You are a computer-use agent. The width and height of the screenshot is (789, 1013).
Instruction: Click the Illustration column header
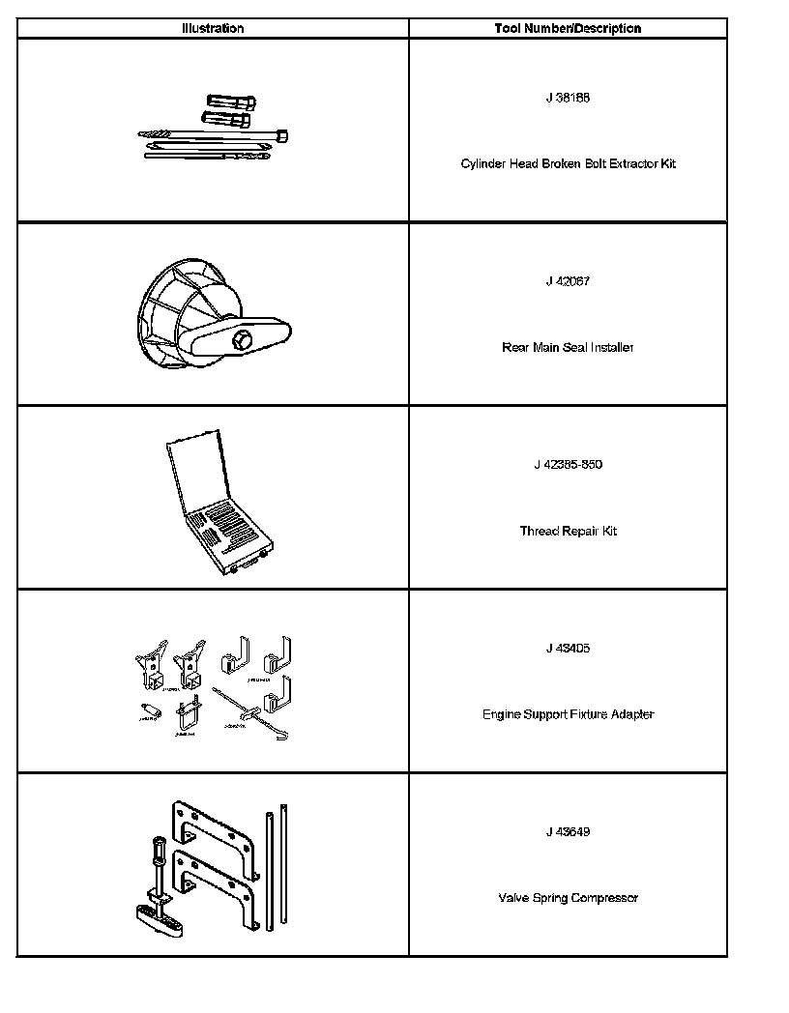pyautogui.click(x=213, y=28)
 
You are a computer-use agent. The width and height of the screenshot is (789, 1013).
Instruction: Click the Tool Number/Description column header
pyautogui.click(x=568, y=28)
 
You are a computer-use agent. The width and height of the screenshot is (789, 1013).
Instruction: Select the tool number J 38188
pyautogui.click(x=568, y=98)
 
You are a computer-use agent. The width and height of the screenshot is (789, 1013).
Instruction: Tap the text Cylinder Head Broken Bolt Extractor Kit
pyautogui.click(x=568, y=163)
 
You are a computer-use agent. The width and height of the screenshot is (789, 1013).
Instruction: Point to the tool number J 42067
pyautogui.click(x=568, y=281)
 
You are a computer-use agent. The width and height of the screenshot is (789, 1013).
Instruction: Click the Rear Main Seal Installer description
pyautogui.click(x=568, y=347)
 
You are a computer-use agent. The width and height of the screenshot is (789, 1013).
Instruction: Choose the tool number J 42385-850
pyautogui.click(x=568, y=464)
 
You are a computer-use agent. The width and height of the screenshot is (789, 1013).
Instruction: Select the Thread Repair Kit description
pyautogui.click(x=568, y=531)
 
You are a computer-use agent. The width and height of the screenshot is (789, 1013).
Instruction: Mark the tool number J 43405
pyautogui.click(x=568, y=648)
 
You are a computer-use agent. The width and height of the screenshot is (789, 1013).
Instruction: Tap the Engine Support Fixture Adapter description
pyautogui.click(x=568, y=714)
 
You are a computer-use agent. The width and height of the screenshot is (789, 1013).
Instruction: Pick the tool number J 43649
pyautogui.click(x=568, y=831)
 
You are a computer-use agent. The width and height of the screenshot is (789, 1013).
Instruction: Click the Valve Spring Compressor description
pyautogui.click(x=568, y=898)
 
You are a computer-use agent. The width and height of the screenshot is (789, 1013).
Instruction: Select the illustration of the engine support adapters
pyautogui.click(x=215, y=687)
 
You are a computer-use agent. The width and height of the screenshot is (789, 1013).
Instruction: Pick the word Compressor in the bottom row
pyautogui.click(x=603, y=898)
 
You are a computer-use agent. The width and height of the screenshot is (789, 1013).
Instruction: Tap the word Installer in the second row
pyautogui.click(x=610, y=347)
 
